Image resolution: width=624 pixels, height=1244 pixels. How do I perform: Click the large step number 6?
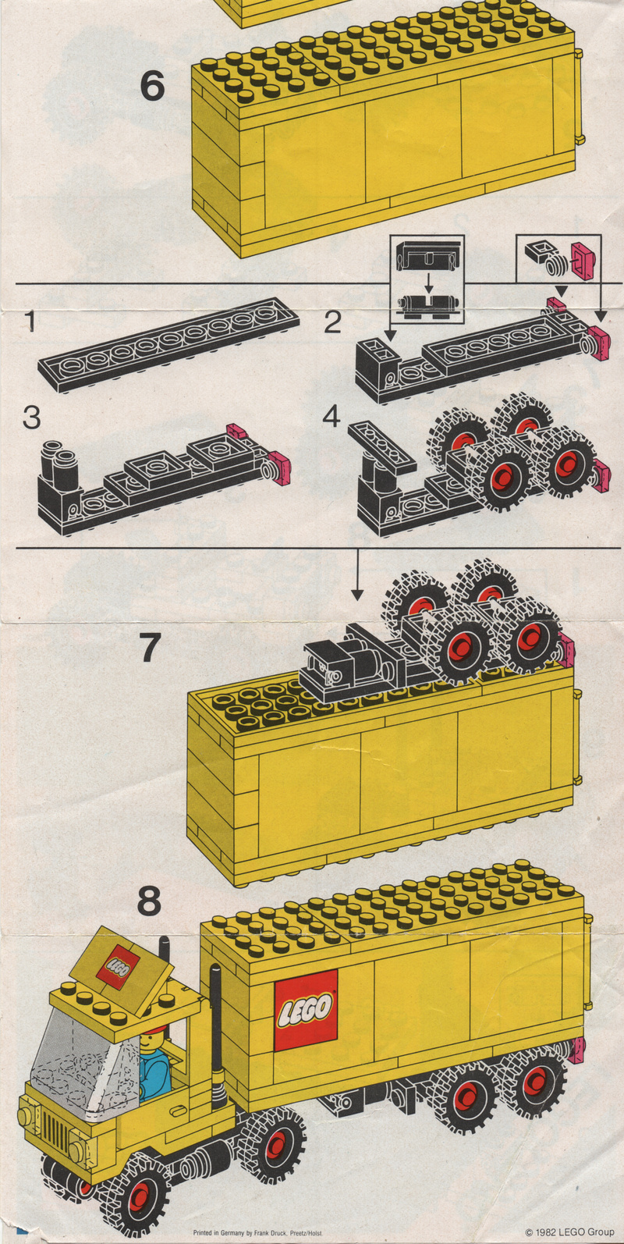pyautogui.click(x=152, y=87)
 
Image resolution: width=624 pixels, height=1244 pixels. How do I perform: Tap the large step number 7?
pyautogui.click(x=149, y=647)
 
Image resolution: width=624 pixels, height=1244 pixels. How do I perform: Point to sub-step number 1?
pyautogui.click(x=30, y=322)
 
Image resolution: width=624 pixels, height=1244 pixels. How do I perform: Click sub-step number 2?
pyautogui.click(x=332, y=322)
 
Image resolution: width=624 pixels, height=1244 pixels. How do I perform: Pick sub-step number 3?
pyautogui.click(x=32, y=418)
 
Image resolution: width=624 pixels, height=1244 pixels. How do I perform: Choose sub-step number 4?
pyautogui.click(x=331, y=417)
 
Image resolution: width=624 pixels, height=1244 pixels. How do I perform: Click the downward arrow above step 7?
pyautogui.click(x=357, y=575)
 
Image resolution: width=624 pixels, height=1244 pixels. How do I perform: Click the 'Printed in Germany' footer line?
pyautogui.click(x=257, y=1233)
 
